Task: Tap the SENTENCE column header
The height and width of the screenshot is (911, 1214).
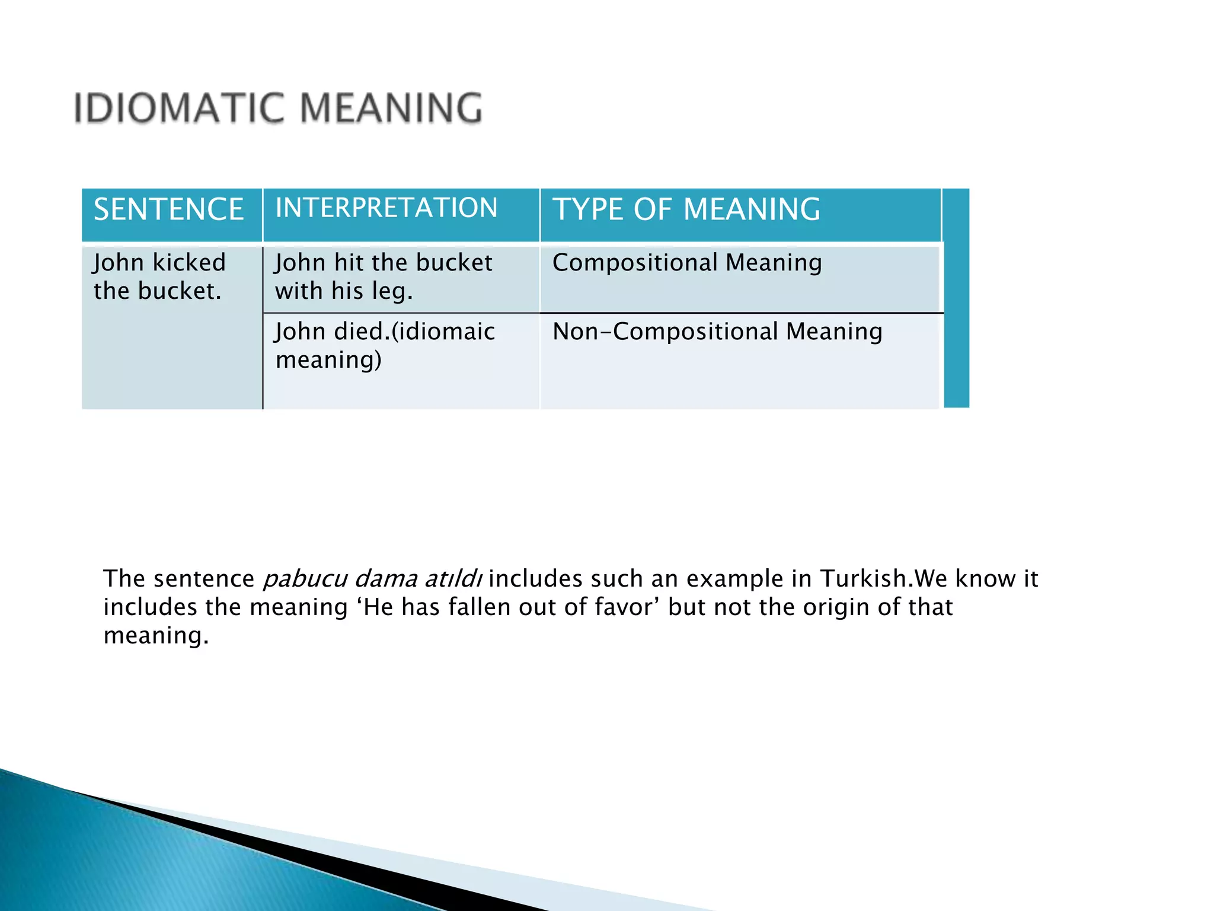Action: click(169, 209)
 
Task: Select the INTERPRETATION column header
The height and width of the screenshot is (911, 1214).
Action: click(386, 208)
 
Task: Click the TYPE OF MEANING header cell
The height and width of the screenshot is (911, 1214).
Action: click(686, 209)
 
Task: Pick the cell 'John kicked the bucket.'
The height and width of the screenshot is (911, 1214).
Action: click(159, 276)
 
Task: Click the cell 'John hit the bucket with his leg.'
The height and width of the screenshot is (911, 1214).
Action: click(384, 276)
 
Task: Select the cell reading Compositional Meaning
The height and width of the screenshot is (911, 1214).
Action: click(687, 263)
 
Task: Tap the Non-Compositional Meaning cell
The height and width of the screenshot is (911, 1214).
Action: click(717, 332)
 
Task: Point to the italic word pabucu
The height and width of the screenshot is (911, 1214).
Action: click(305, 579)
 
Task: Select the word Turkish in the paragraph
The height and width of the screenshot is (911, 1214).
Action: click(864, 579)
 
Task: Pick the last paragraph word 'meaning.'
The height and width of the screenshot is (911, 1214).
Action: click(156, 636)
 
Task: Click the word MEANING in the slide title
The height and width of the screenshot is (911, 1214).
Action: click(391, 109)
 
